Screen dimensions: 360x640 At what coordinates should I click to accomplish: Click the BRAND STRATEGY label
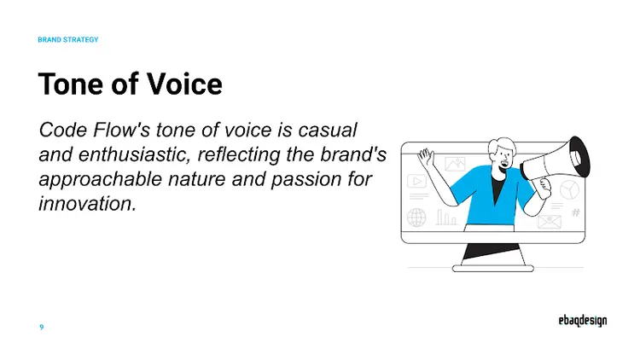[68, 39]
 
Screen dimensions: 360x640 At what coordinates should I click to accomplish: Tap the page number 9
[42, 327]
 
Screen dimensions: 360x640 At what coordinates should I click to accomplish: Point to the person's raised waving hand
[424, 160]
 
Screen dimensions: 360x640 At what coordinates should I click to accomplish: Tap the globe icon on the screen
[417, 218]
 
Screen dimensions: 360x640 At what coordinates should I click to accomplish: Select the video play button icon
[417, 181]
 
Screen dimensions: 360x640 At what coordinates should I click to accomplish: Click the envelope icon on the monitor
[549, 223]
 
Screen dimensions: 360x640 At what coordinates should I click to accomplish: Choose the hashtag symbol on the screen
[576, 212]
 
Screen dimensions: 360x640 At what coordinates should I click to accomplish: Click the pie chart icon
[570, 189]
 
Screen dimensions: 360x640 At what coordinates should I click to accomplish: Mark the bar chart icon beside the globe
[446, 218]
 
